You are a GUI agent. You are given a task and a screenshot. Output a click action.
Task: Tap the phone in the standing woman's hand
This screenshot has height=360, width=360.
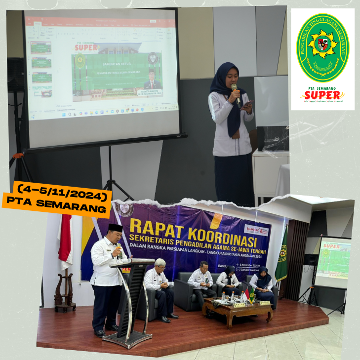(247, 105)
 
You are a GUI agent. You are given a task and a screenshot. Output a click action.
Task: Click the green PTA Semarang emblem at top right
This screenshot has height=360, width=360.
(322, 48)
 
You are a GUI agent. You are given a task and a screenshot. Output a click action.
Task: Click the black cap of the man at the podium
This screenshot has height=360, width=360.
(115, 228)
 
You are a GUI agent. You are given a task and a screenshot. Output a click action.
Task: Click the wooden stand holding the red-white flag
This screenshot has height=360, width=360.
(64, 294)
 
